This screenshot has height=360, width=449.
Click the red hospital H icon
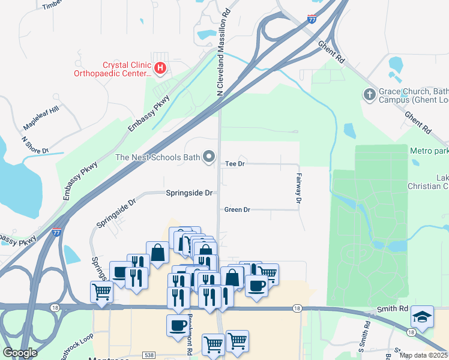(160, 68)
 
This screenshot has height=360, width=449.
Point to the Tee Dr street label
(235, 164)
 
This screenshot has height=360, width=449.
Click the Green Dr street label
(237, 210)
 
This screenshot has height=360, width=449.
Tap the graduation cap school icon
(423, 316)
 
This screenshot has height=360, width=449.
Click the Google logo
(20, 353)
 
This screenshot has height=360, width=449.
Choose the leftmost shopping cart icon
(101, 292)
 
